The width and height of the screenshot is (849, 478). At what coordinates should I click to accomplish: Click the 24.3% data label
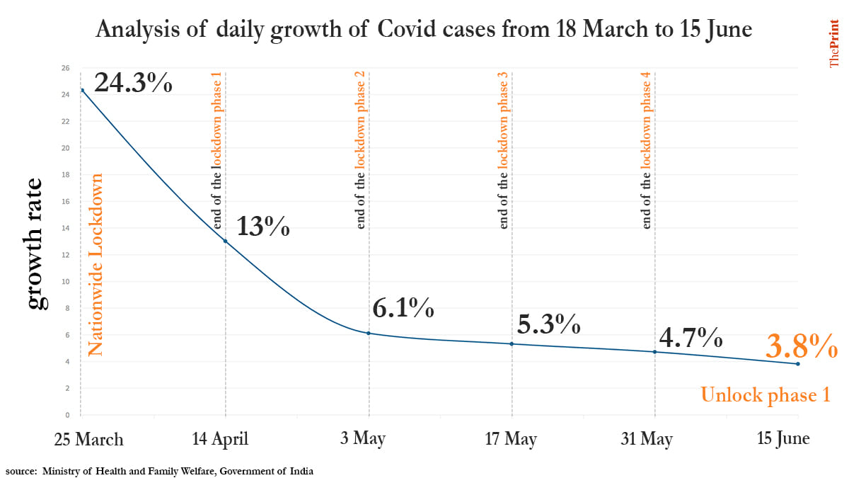point(133,83)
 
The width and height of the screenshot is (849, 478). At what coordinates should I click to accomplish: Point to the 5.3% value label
point(549,324)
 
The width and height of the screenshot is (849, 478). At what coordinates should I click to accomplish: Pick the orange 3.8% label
point(802,347)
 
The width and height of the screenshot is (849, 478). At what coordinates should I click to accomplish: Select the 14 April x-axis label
point(220,439)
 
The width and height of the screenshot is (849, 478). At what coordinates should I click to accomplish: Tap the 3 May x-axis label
point(362,439)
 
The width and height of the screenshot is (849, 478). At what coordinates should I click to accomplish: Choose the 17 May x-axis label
point(511,439)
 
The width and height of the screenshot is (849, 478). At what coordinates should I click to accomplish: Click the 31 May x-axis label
point(647,439)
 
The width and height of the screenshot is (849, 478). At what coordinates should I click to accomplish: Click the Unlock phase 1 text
point(765,395)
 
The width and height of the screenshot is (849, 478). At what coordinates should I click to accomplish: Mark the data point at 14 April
point(226,241)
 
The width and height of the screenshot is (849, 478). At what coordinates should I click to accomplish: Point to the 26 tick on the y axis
point(66,68)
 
